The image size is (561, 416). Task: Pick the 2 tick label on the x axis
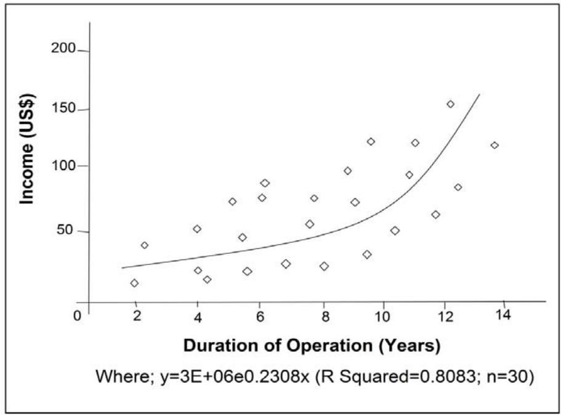point(137,317)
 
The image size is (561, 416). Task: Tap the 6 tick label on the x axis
point(260,317)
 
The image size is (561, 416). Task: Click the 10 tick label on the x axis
point(383,317)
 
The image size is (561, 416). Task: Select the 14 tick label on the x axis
point(504,316)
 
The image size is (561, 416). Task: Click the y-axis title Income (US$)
point(28,149)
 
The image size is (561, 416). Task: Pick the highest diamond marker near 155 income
point(450,104)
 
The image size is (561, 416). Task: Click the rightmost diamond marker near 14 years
point(494,145)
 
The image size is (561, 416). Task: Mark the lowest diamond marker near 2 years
point(134,283)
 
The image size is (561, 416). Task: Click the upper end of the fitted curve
point(478,95)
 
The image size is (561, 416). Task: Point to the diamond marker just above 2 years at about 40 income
point(144,245)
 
